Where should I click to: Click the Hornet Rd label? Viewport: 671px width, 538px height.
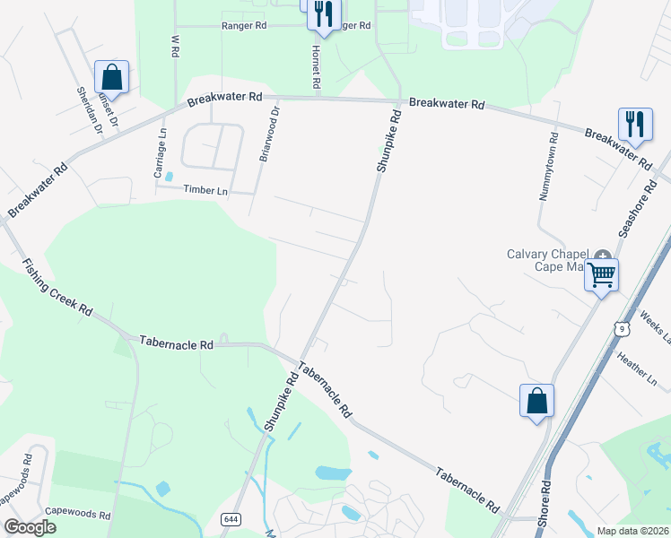click(x=317, y=66)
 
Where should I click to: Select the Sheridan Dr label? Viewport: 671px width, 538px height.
click(x=90, y=112)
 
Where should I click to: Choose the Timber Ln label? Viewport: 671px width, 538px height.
click(x=205, y=190)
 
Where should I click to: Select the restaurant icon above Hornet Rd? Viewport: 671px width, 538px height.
click(x=323, y=13)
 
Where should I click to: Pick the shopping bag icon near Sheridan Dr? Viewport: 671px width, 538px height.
click(x=111, y=76)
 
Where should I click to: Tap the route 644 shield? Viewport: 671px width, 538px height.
click(x=230, y=519)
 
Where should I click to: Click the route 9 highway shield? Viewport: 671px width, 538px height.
click(x=620, y=329)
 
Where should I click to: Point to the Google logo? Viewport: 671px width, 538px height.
click(x=30, y=527)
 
